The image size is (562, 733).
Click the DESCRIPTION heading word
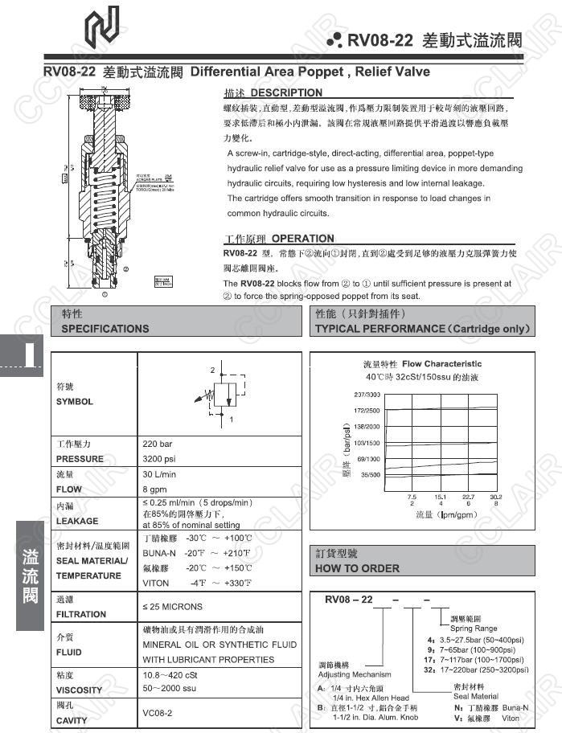coord(286,92)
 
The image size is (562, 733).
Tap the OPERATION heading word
coord(302,238)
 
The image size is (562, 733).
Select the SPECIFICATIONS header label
coord(105,329)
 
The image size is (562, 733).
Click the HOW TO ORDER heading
coord(358,568)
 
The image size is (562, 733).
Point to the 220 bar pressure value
coord(158,444)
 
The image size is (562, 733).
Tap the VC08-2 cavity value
coord(158,713)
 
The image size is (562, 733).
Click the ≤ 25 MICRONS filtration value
coord(173,607)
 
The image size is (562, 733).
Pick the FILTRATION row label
coord(81,614)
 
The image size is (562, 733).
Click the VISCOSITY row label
coord(79,690)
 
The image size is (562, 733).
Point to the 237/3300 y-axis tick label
coord(367,394)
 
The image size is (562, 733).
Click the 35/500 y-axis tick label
coord(369,474)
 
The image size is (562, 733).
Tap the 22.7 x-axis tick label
coord(469,497)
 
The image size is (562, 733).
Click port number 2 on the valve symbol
coord(212,371)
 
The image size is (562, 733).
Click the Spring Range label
coord(474,629)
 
